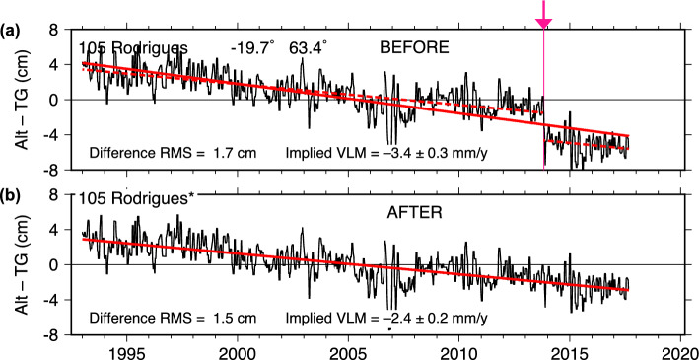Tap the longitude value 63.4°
click(308, 47)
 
